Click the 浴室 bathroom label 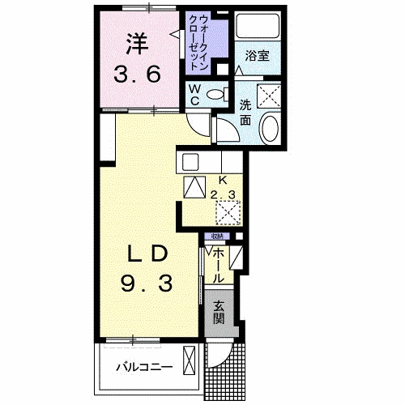tap(258, 57)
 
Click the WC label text tap(195, 96)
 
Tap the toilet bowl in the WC tap(216, 96)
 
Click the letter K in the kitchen tap(221, 180)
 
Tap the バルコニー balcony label tap(144, 367)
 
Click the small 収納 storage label tap(217, 237)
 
